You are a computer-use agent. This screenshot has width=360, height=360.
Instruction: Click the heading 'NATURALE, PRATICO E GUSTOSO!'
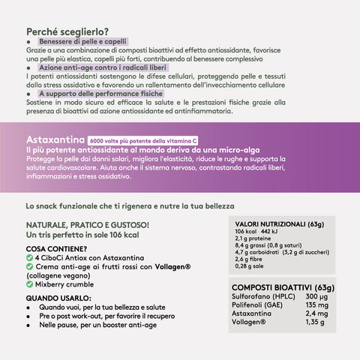[87, 224]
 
